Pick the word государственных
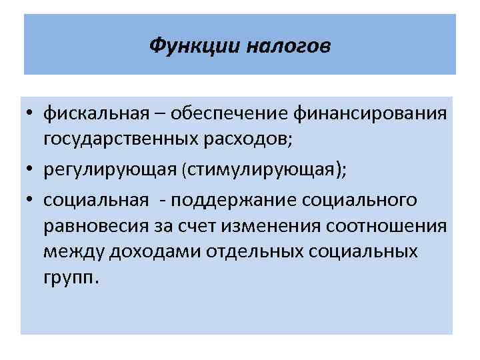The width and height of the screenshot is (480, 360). point(121,139)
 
